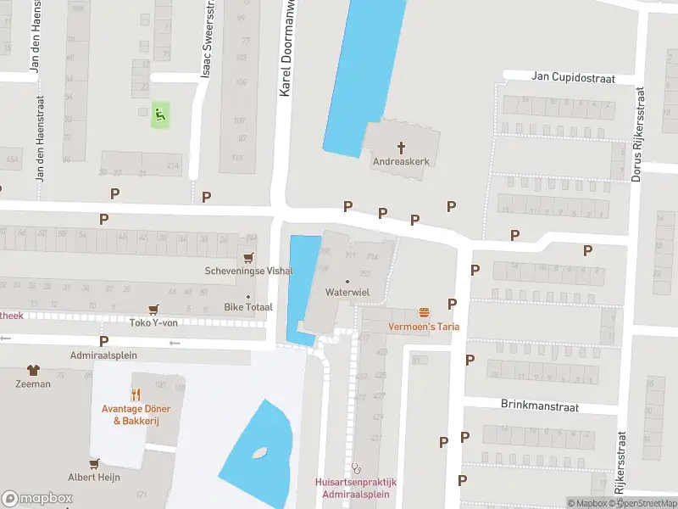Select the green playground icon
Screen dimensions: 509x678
pyautogui.click(x=159, y=115)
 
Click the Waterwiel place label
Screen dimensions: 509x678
pyautogui.click(x=347, y=291)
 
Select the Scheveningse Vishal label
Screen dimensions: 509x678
pyautogui.click(x=249, y=271)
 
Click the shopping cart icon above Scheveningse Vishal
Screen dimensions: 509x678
pyautogui.click(x=248, y=257)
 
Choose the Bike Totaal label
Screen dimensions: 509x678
pyautogui.click(x=248, y=306)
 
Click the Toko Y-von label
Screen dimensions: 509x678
pyautogui.click(x=153, y=322)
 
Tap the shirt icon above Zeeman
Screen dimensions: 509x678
pyautogui.click(x=33, y=370)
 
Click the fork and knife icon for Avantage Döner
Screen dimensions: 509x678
pyautogui.click(x=136, y=394)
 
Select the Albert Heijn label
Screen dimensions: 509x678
pyautogui.click(x=94, y=477)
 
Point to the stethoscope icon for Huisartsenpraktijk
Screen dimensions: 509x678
pyautogui.click(x=356, y=467)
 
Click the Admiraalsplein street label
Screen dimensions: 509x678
pyautogui.click(x=103, y=355)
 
